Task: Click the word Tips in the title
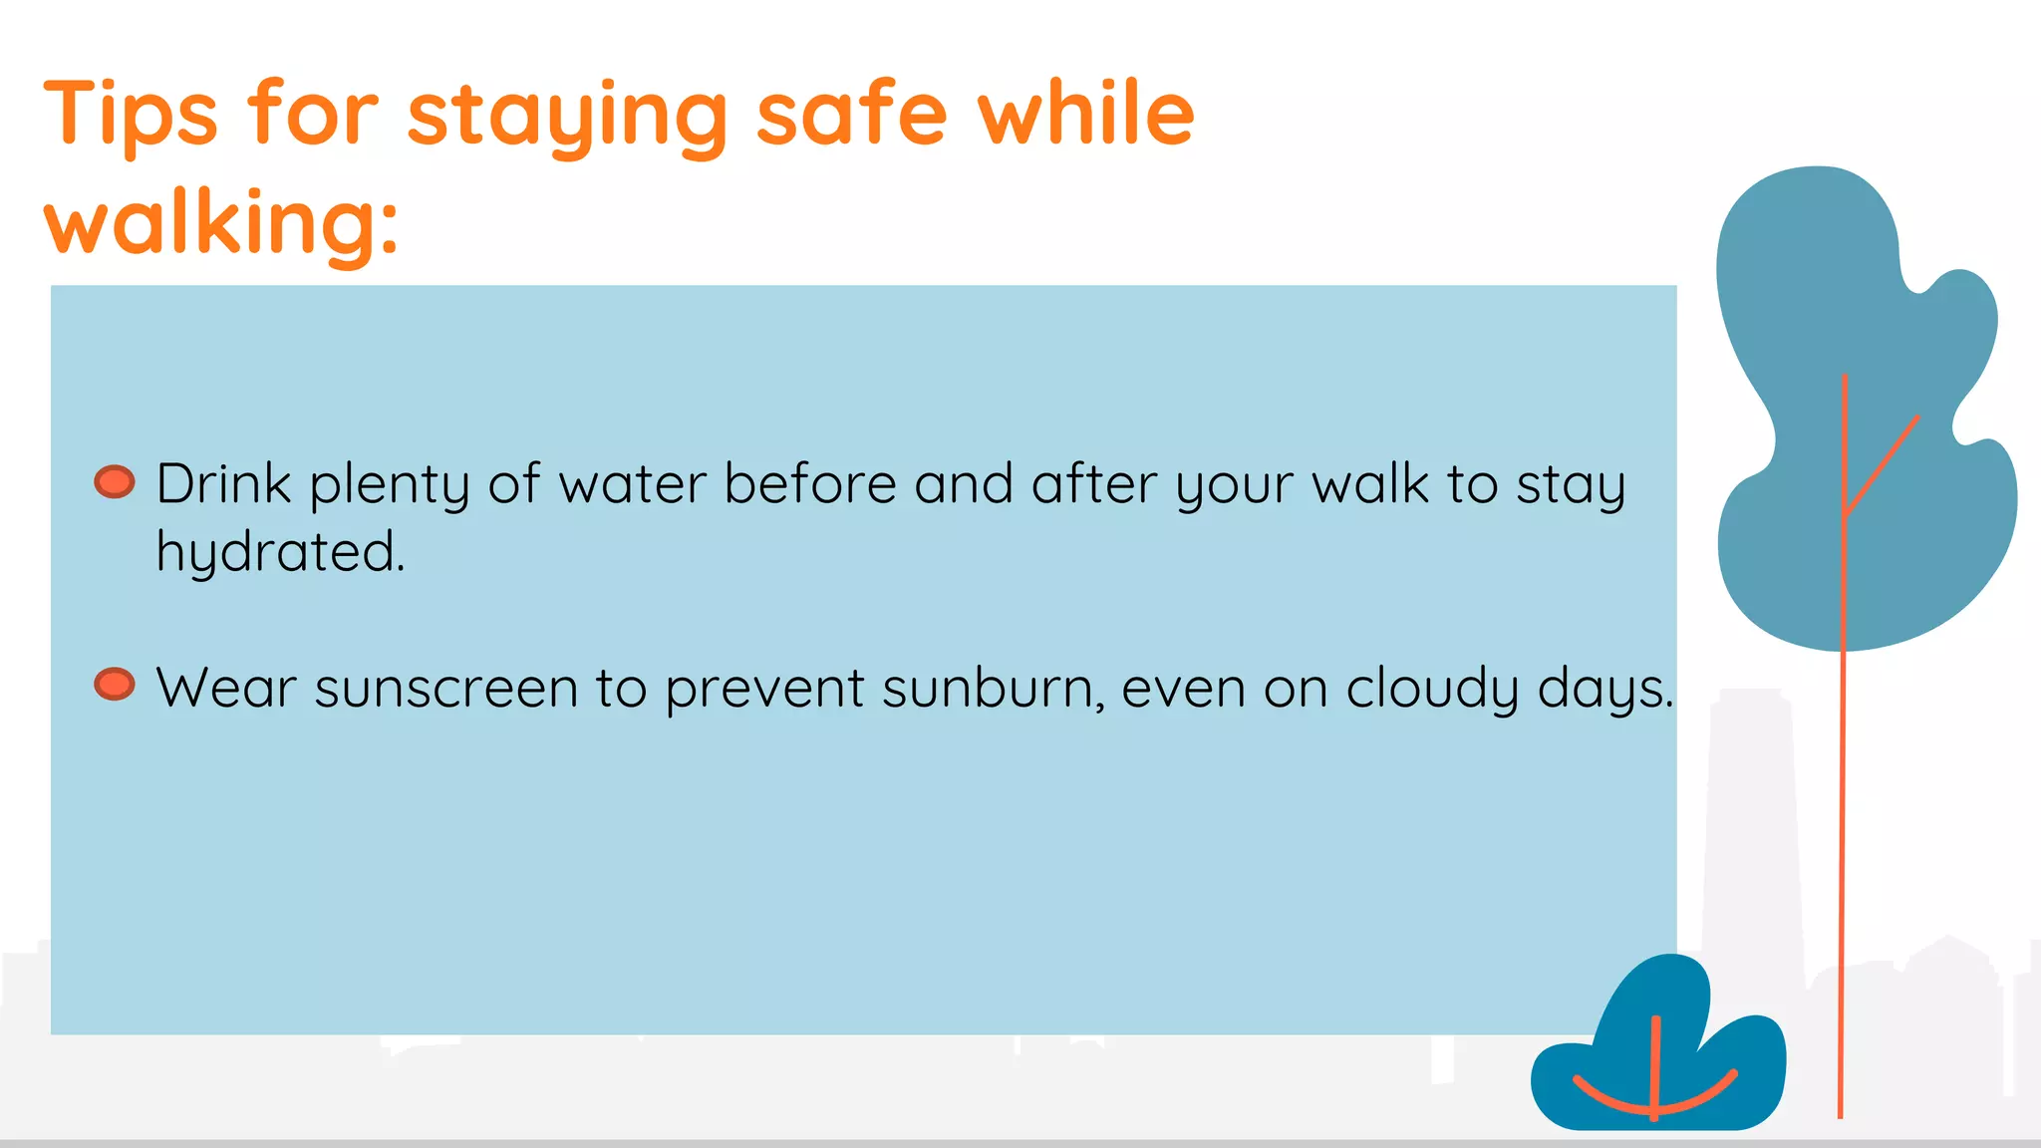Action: tap(130, 115)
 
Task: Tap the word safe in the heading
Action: tap(851, 114)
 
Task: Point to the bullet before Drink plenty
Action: tap(115, 481)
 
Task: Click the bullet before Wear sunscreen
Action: tap(115, 685)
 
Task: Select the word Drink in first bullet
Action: tap(223, 484)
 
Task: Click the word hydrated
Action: tap(280, 552)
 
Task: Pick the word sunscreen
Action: tap(445, 689)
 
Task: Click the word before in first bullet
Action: tap(809, 484)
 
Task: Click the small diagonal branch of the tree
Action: tap(1884, 464)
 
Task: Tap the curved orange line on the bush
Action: tap(1694, 1102)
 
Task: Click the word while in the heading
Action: tap(1085, 114)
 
